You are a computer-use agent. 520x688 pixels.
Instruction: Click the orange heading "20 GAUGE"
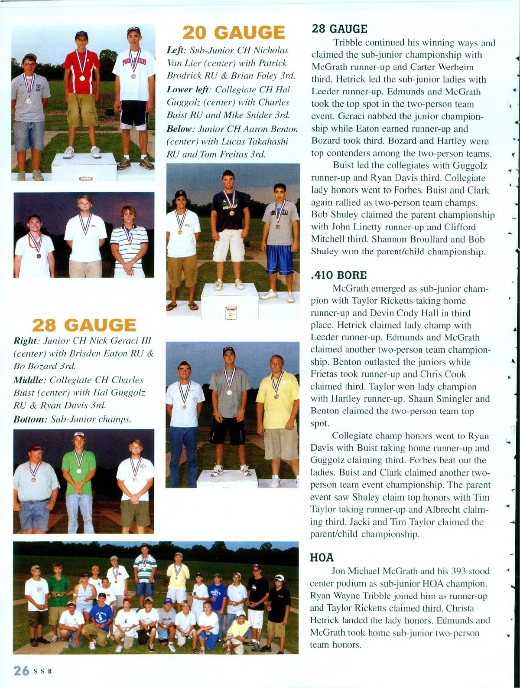pos(234,33)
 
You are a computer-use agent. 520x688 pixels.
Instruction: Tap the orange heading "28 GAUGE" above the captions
pos(84,325)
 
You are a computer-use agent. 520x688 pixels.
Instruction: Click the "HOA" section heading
pos(322,557)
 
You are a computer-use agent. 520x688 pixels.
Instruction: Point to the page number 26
pos(21,671)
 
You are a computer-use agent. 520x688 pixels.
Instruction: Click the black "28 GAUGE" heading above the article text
pos(339,29)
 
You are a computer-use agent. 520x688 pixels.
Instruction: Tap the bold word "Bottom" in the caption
pos(29,419)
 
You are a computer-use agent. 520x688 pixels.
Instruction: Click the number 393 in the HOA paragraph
pos(458,571)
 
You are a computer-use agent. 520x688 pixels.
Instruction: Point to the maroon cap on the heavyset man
pos(36,448)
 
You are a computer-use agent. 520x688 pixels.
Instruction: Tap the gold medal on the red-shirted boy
pos(82,78)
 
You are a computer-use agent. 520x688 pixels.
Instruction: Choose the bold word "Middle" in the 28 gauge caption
pos(29,380)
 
